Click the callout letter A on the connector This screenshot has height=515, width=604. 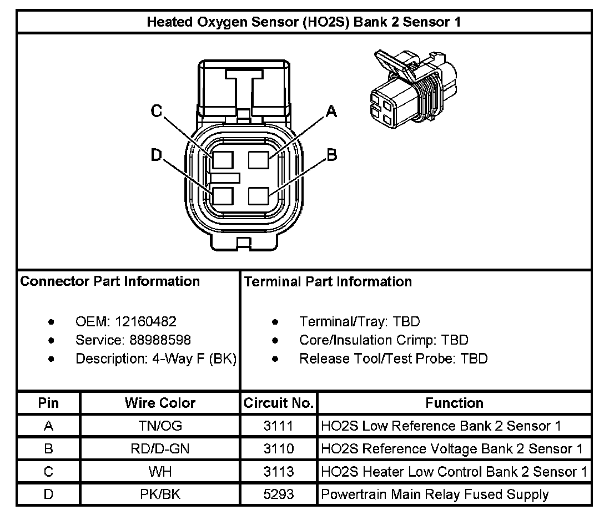[331, 112]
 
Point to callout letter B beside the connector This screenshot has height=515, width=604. [331, 155]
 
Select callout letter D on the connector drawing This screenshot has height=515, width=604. [157, 155]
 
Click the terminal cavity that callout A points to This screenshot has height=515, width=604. [259, 160]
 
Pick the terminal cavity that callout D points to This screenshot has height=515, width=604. [222, 196]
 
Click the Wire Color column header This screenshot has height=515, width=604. [160, 403]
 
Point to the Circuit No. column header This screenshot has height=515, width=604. [279, 403]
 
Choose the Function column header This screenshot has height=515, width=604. [454, 403]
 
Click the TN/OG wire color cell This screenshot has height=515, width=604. [160, 426]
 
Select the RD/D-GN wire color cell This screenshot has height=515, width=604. [160, 448]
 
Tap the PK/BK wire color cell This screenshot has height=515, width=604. [160, 494]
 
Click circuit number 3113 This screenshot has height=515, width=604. [279, 471]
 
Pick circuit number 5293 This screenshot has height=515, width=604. [279, 494]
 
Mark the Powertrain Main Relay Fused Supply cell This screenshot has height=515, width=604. [435, 494]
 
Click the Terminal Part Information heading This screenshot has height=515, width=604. [328, 281]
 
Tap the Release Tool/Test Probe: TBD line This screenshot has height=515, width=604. [393, 359]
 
